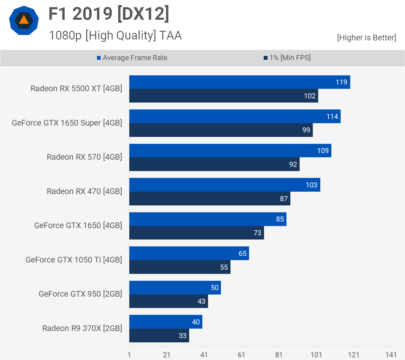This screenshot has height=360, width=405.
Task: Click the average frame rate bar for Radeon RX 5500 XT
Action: pyautogui.click(x=239, y=82)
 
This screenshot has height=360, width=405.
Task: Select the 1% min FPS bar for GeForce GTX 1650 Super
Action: pyautogui.click(x=221, y=130)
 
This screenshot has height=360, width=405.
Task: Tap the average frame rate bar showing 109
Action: pyautogui.click(x=230, y=151)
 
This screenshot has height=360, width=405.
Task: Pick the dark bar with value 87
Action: pyautogui.click(x=210, y=199)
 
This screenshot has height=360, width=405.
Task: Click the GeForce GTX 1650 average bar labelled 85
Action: pyautogui.click(x=208, y=219)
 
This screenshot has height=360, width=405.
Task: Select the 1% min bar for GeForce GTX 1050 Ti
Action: pyautogui.click(x=180, y=267)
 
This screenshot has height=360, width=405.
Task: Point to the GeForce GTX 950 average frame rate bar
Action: pyautogui.click(x=175, y=288)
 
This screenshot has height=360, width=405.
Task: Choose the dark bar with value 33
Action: pyautogui.click(x=159, y=335)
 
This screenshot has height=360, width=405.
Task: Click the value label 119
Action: pyautogui.click(x=341, y=82)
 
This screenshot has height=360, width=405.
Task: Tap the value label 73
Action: pyautogui.click(x=257, y=233)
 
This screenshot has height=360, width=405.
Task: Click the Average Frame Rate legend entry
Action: pyautogui.click(x=132, y=58)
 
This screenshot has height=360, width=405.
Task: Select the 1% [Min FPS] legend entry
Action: pyautogui.click(x=287, y=58)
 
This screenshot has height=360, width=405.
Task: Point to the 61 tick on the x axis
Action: pyautogui.click(x=242, y=355)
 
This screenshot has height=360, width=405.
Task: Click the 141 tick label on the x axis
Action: pyautogui.click(x=391, y=355)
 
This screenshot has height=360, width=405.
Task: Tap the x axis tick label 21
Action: pyautogui.click(x=167, y=355)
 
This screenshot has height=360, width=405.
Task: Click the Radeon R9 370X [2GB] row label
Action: pyautogui.click(x=82, y=328)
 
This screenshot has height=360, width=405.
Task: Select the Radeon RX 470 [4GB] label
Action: pyautogui.click(x=84, y=191)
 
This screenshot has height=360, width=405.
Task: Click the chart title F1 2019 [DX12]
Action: pyautogui.click(x=109, y=14)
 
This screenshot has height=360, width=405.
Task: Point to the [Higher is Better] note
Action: pyautogui.click(x=366, y=38)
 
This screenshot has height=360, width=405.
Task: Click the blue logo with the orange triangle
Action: pyautogui.click(x=24, y=20)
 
